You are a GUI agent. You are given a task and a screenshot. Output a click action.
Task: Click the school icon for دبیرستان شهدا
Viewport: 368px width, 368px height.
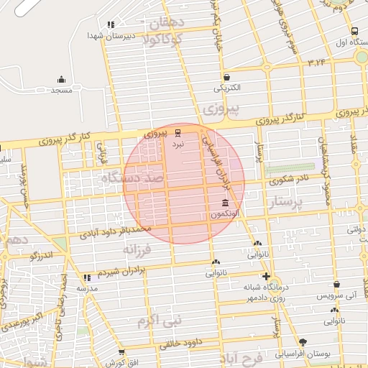point(110,24)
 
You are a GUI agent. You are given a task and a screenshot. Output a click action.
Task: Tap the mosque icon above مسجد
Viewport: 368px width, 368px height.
point(61,80)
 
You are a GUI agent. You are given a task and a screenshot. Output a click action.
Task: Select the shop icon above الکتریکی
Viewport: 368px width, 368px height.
point(226,78)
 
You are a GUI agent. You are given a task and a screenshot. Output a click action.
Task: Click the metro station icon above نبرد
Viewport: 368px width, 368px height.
point(178,133)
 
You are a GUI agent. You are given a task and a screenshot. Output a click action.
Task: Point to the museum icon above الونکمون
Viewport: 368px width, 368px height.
point(226,203)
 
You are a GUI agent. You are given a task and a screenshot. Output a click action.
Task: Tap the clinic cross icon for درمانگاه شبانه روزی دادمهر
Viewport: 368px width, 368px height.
point(266,276)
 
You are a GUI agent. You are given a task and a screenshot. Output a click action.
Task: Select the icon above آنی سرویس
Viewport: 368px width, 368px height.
point(336,285)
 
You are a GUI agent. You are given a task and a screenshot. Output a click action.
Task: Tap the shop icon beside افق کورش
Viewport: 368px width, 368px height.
point(121,352)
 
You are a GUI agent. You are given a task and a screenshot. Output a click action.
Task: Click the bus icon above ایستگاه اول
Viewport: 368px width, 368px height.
point(354,31)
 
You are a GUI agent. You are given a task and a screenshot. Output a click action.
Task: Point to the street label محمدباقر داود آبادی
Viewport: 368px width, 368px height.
point(115,231)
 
